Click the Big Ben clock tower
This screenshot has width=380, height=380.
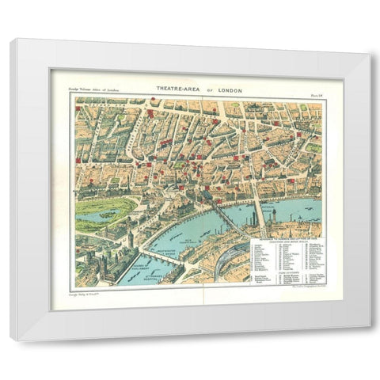tap(129, 237)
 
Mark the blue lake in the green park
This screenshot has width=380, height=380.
tap(95, 214)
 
